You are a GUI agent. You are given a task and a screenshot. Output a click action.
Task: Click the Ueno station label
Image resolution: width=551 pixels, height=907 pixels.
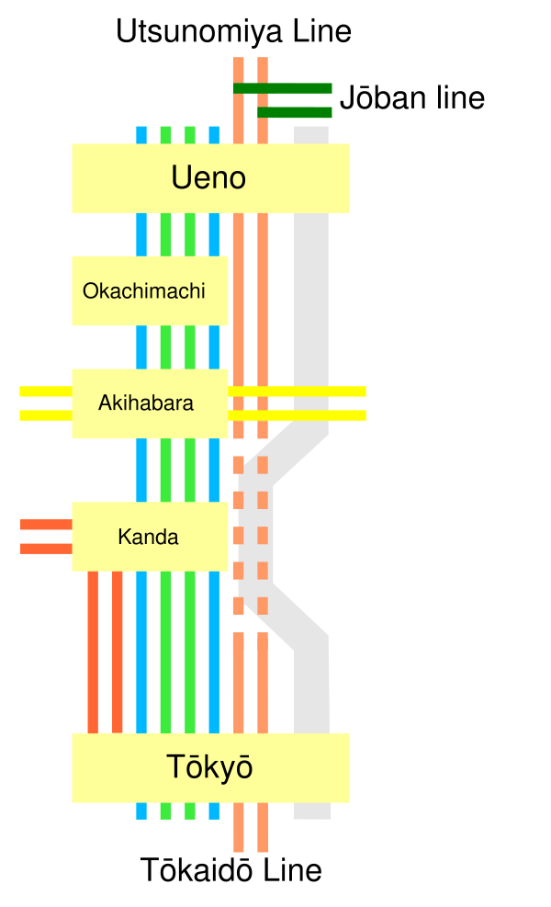tap(208, 177)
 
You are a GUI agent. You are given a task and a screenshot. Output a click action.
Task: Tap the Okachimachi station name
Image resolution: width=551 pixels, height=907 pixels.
tap(144, 291)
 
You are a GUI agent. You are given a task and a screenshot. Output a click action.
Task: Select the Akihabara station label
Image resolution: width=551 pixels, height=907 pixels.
tap(146, 402)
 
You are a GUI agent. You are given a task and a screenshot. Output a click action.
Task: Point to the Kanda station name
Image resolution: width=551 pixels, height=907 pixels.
tap(148, 537)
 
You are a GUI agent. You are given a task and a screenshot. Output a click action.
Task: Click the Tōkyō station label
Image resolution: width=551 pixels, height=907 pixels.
tap(209, 767)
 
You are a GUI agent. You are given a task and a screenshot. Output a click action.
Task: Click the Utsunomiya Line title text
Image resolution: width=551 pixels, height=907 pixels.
tap(233, 32)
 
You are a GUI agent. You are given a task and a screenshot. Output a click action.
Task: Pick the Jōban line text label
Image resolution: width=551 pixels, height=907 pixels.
tap(412, 97)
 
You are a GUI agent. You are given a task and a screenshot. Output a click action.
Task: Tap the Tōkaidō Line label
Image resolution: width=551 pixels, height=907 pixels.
tap(231, 869)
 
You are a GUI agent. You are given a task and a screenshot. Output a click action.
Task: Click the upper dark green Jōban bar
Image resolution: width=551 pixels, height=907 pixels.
tap(283, 88)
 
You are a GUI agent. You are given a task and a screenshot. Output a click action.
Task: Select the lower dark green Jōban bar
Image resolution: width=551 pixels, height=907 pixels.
tap(295, 112)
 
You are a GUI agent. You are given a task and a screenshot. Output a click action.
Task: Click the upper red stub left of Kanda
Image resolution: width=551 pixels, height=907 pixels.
tap(46, 525)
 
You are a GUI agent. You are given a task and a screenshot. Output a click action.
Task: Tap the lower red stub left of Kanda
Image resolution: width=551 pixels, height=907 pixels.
tap(46, 549)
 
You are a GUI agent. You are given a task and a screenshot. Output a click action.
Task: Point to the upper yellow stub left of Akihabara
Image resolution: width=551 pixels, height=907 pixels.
tap(46, 391)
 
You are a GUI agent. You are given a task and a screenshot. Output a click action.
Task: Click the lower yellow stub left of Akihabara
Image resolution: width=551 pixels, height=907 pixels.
tap(46, 415)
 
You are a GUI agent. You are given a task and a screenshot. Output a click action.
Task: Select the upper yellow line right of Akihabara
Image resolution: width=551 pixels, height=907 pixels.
tap(298, 391)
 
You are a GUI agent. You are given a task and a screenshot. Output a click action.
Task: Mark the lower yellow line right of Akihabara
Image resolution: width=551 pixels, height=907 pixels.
tap(298, 415)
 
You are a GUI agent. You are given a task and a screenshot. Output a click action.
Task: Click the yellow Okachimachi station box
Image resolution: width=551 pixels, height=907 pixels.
tap(150, 291)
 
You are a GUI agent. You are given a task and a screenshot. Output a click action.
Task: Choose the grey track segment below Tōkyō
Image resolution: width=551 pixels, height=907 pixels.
tap(312, 811)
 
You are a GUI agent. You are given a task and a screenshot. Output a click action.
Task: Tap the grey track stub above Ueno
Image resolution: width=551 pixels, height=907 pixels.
tap(311, 135)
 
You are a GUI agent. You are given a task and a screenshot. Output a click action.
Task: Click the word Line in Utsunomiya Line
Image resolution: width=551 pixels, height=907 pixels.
tap(322, 31)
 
